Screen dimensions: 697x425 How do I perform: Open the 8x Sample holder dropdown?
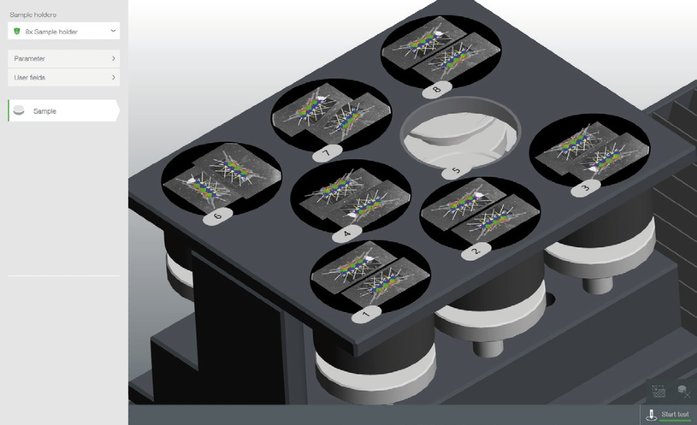pos(64,31)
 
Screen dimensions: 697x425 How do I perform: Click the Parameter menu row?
pos(64,59)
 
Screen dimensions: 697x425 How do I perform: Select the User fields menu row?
pos(64,77)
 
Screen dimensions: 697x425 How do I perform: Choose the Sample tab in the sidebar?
pos(64,111)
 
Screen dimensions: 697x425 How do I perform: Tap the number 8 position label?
pos(437,90)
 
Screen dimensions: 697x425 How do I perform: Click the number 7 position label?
pos(327,153)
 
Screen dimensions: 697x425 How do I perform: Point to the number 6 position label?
pos(218,217)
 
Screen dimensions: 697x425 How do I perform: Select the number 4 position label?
pos(347,233)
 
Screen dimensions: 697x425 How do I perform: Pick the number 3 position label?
pos(585,188)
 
